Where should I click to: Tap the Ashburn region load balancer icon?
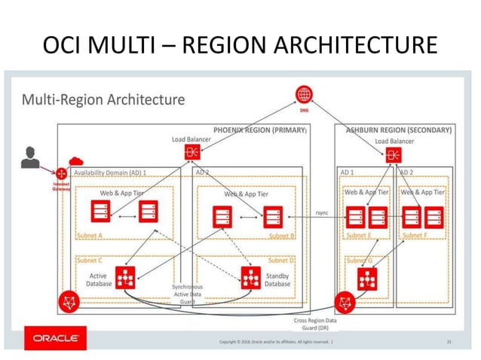click(x=393, y=155)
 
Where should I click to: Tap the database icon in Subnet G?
click(x=368, y=279)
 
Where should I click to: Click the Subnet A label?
click(x=90, y=235)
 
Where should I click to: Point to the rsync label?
click(x=322, y=213)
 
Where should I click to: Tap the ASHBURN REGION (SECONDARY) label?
click(x=399, y=130)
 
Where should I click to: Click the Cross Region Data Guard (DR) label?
click(x=315, y=325)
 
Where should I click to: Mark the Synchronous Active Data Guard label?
click(x=187, y=294)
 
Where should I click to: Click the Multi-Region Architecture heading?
click(x=103, y=99)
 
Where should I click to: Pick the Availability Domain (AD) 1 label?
click(x=110, y=172)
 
